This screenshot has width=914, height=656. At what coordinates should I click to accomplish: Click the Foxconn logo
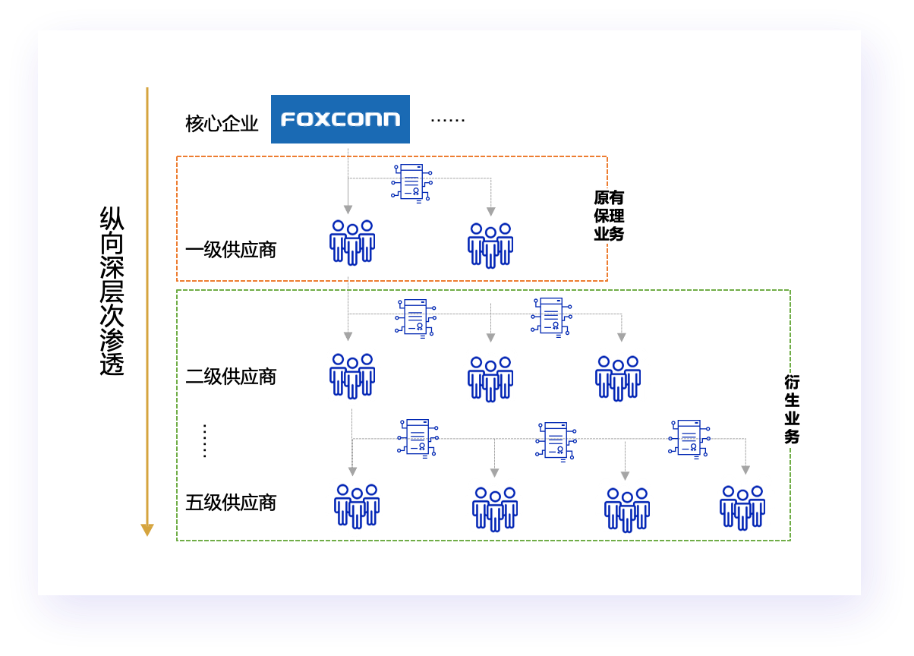(340, 119)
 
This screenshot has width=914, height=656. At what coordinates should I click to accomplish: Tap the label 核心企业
(222, 124)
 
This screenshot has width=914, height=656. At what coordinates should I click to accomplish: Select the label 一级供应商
(231, 250)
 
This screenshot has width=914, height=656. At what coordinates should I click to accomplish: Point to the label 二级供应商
(231, 377)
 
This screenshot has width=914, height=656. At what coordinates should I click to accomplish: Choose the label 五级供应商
(231, 503)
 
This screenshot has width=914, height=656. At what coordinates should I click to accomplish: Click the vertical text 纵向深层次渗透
(112, 292)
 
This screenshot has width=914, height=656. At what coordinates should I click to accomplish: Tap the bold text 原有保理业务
(609, 216)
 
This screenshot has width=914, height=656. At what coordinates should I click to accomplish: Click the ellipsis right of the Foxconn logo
(447, 120)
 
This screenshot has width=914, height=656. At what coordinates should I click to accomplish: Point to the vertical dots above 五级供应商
(205, 440)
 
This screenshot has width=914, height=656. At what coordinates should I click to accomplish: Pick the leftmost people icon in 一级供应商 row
(352, 242)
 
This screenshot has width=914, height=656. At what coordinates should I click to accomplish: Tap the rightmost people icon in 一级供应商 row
(490, 244)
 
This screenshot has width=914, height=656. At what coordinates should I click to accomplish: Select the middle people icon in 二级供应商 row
(490, 378)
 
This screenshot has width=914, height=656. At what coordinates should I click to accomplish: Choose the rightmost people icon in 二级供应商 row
(618, 378)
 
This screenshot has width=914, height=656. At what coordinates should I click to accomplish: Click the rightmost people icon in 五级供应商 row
(742, 507)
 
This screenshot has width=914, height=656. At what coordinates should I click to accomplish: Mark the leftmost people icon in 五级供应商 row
(357, 506)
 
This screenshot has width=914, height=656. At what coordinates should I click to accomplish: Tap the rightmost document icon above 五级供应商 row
(689, 438)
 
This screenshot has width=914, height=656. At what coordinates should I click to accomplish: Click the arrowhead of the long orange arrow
(147, 530)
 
